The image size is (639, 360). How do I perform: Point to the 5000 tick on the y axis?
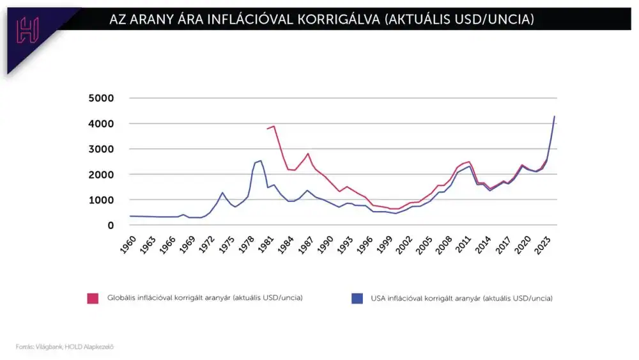click(101, 98)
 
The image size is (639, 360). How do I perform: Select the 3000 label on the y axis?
click(101, 149)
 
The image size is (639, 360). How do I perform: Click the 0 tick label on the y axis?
click(111, 225)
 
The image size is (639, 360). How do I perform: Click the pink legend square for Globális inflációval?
click(93, 298)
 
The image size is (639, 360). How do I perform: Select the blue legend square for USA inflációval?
click(357, 298)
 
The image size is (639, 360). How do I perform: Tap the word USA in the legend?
click(378, 298)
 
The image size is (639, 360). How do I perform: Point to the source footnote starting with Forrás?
click(65, 347)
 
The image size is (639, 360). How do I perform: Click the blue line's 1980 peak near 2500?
click(261, 160)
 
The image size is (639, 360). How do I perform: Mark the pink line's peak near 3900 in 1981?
click(274, 126)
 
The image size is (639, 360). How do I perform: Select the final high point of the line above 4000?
click(554, 116)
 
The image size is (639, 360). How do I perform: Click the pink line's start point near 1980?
click(267, 129)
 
